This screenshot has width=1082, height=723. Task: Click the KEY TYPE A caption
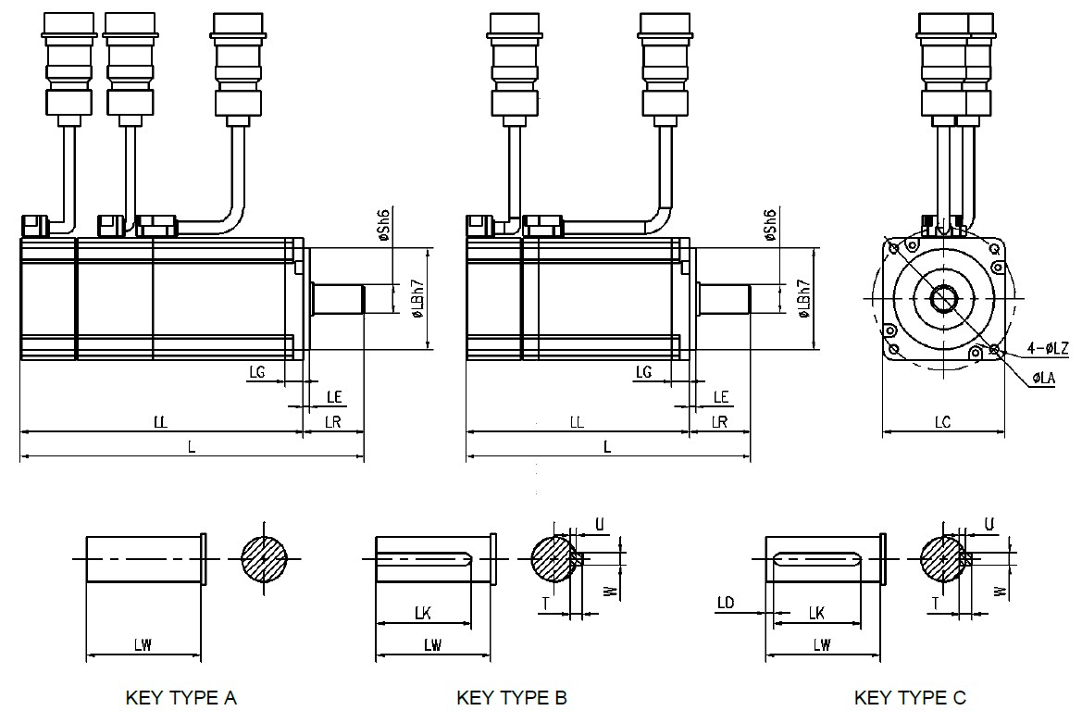(x=180, y=698)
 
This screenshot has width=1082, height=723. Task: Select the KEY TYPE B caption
(x=512, y=698)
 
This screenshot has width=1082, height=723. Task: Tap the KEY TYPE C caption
(x=910, y=698)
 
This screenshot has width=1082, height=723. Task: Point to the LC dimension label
(x=942, y=422)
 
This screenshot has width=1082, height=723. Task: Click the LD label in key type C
(x=726, y=604)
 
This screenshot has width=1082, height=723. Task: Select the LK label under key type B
(x=423, y=613)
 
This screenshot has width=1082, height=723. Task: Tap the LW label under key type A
(x=143, y=646)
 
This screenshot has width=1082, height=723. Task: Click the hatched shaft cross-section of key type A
(x=265, y=559)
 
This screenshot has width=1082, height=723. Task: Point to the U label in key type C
(x=989, y=524)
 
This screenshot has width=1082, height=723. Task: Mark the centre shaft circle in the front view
(x=943, y=299)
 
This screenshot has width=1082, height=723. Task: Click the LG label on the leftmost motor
(x=258, y=372)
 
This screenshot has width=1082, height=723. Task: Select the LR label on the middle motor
(x=718, y=422)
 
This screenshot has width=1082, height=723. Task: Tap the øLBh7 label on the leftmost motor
(x=418, y=298)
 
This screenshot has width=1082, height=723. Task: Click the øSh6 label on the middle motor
(x=769, y=225)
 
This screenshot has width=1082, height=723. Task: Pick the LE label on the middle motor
(x=721, y=397)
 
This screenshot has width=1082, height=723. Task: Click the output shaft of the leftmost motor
(x=340, y=299)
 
